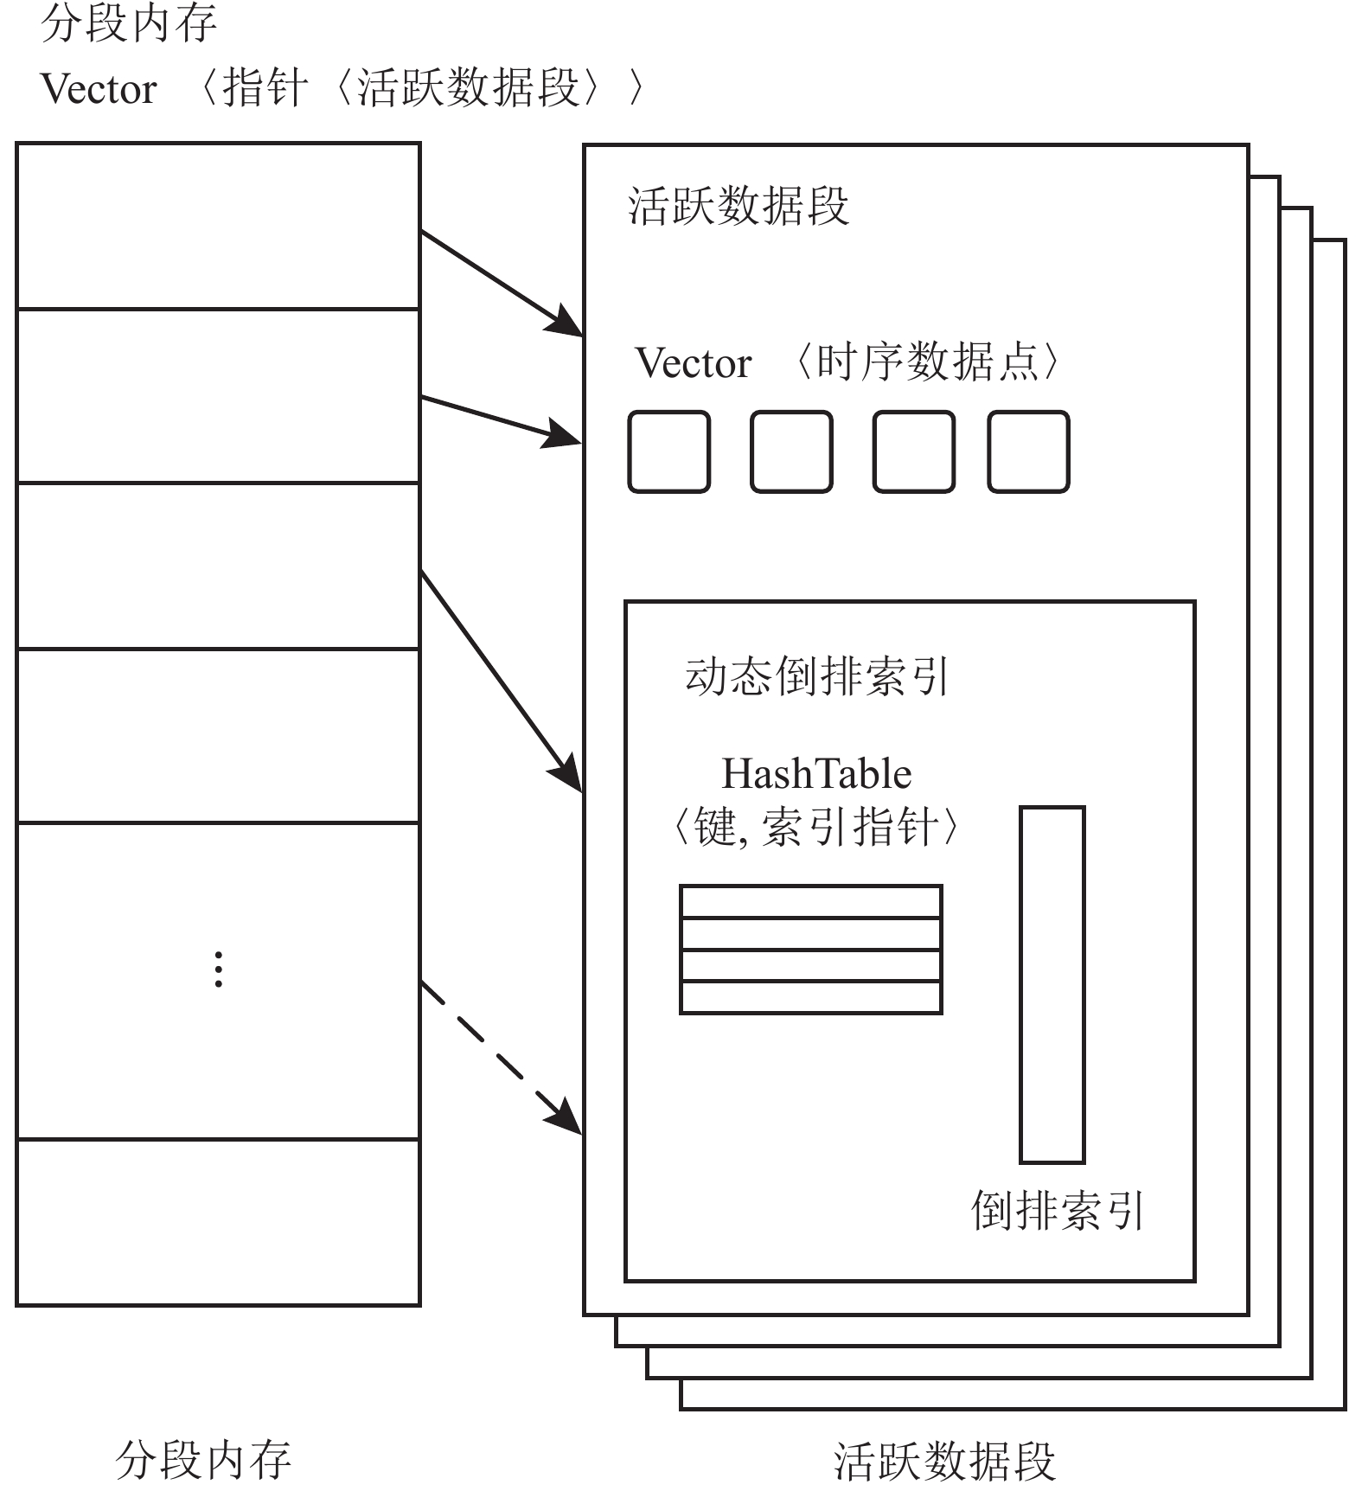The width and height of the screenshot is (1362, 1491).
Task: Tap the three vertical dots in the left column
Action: click(x=219, y=969)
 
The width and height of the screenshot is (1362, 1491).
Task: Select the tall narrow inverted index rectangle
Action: click(x=1052, y=984)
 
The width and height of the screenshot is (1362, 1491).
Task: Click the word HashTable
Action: click(x=816, y=774)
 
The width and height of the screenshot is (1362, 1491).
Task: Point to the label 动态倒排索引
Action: click(x=817, y=676)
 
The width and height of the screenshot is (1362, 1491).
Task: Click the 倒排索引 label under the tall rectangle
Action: click(x=1058, y=1210)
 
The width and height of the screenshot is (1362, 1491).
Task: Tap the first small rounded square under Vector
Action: click(x=668, y=451)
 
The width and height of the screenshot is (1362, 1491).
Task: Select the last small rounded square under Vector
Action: click(x=1028, y=451)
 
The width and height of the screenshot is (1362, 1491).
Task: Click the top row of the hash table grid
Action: click(x=810, y=901)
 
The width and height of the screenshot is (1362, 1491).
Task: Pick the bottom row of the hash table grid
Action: click(x=810, y=997)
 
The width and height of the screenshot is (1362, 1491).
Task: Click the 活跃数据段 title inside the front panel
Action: click(x=738, y=207)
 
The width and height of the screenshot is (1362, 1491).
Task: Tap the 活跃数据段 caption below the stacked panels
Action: click(x=944, y=1461)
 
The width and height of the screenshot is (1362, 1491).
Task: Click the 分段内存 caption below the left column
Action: click(x=203, y=1461)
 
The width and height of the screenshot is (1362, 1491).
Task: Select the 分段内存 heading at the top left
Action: click(x=128, y=23)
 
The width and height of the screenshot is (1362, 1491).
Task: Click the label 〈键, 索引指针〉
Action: click(x=815, y=828)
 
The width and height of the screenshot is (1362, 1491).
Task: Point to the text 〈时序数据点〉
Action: click(x=926, y=362)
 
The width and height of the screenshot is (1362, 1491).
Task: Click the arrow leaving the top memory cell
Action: click(x=500, y=282)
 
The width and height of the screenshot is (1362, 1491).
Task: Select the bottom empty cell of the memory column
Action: click(x=218, y=1221)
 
